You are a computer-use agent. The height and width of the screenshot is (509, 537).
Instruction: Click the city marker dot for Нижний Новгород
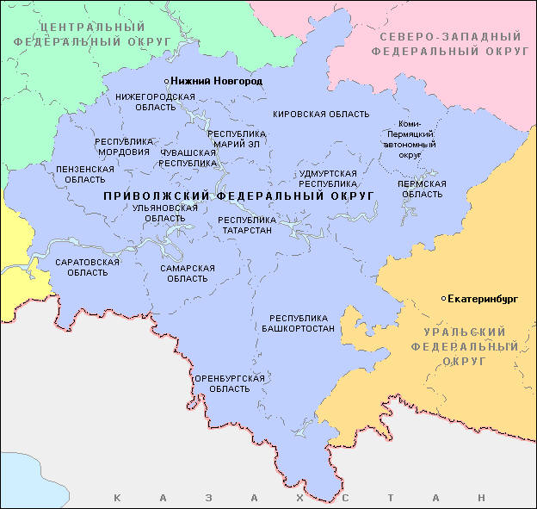tap(167, 81)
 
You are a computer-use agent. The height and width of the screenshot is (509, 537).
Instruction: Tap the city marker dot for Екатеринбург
tap(443, 299)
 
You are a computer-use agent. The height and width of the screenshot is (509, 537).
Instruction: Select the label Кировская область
tap(320, 114)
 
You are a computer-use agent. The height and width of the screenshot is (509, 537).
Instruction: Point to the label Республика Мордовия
tap(123, 146)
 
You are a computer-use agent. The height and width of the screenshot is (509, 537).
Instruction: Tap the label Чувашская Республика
tap(188, 157)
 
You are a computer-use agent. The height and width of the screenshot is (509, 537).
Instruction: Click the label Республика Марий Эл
tap(237, 140)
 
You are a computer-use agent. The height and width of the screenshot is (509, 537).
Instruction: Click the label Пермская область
tap(421, 189)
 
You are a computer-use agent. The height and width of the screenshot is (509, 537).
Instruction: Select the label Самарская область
tap(187, 273)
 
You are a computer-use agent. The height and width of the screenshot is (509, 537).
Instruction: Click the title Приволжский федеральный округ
tap(238, 196)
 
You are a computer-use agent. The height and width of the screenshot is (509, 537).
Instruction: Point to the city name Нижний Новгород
tap(216, 81)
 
